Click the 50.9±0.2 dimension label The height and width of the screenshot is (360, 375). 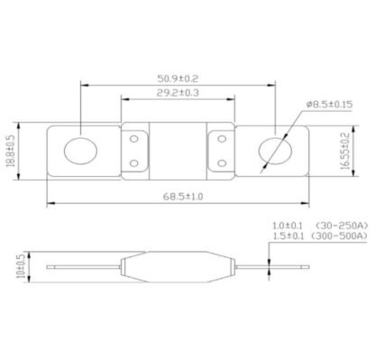178,78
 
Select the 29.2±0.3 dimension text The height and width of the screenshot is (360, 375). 178,93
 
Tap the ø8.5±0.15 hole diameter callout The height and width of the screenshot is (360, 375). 329,105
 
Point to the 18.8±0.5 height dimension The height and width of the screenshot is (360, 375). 11,151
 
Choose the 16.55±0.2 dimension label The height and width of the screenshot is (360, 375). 346,152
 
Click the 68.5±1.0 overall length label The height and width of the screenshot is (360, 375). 183,197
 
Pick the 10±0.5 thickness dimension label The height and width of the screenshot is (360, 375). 22,266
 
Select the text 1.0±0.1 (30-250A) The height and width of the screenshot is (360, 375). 320,226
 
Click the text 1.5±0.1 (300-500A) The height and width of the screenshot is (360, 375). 320,236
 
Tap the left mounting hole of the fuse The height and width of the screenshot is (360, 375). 80,151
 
